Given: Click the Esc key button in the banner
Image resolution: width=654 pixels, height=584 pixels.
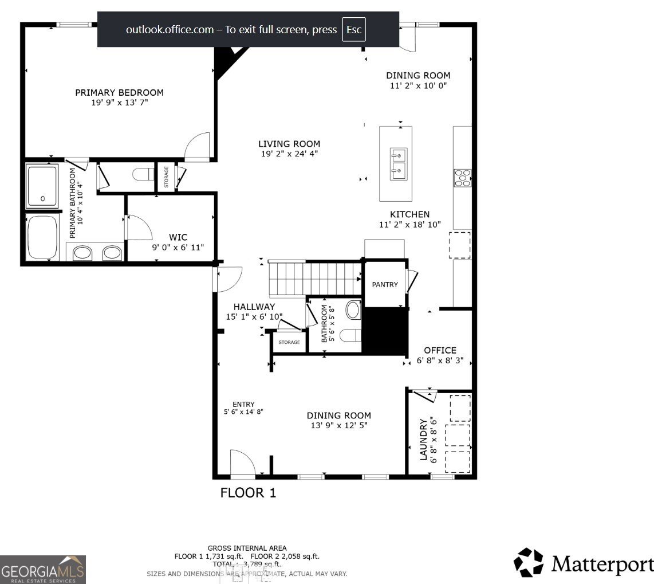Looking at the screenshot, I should pyautogui.click(x=353, y=30).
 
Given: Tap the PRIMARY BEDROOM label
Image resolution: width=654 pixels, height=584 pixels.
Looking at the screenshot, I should pyautogui.click(x=119, y=92).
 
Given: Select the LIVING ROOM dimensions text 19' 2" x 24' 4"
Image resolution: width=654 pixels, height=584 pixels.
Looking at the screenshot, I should pyautogui.click(x=289, y=154).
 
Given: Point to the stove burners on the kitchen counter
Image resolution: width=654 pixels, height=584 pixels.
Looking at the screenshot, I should pyautogui.click(x=462, y=178).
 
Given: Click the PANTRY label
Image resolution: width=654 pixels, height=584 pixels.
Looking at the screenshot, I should pyautogui.click(x=385, y=284).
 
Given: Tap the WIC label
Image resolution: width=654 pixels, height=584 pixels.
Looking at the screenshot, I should pyautogui.click(x=178, y=237).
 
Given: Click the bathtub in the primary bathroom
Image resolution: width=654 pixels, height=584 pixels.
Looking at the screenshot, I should pyautogui.click(x=42, y=237).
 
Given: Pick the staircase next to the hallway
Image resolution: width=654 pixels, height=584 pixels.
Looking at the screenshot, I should pyautogui.click(x=314, y=278).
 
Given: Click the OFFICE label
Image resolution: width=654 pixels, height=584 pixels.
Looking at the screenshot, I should pyautogui.click(x=440, y=350).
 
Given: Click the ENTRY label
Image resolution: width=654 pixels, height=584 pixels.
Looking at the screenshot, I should pyautogui.click(x=243, y=404).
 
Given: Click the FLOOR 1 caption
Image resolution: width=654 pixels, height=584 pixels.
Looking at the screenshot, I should pyautogui.click(x=248, y=492).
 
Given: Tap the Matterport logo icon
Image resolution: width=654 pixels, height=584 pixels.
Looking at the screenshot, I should pyautogui.click(x=528, y=562).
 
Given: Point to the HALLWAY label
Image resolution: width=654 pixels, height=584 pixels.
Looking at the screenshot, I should pyautogui.click(x=254, y=307).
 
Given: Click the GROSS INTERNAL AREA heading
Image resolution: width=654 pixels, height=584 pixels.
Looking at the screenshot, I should pyautogui.click(x=247, y=548).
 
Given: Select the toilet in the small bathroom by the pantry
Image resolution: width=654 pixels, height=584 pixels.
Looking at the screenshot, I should pyautogui.click(x=349, y=335).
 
